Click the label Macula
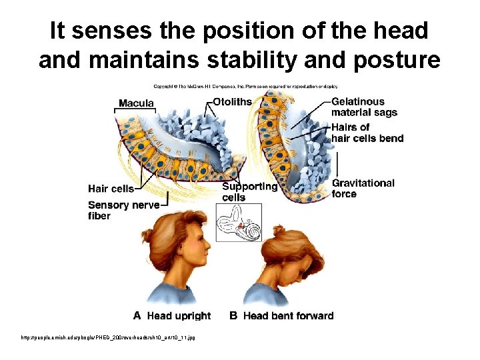pyautogui.click(x=136, y=103)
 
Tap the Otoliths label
pyautogui.click(x=232, y=102)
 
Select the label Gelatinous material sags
pyautogui.click(x=364, y=107)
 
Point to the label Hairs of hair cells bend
pyautogui.click(x=367, y=132)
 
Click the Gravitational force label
pyautogui.click(x=363, y=188)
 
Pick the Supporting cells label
pyautogui.click(x=249, y=191)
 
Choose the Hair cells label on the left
pyautogui.click(x=111, y=188)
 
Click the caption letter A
pyautogui.click(x=137, y=315)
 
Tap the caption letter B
pyautogui.click(x=233, y=315)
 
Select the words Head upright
pyautogui.click(x=178, y=315)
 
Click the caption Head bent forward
pyautogui.click(x=288, y=315)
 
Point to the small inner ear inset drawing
pyautogui.click(x=239, y=223)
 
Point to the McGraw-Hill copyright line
pyautogui.click(x=246, y=85)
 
